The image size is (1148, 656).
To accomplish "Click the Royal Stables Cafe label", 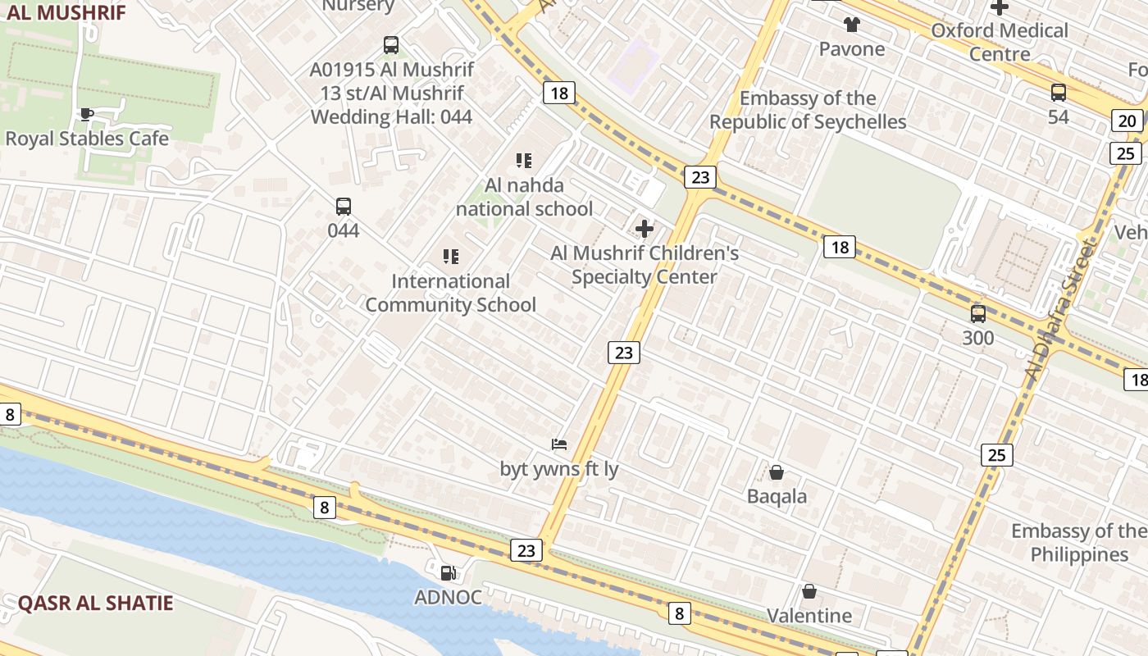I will [x=87, y=139].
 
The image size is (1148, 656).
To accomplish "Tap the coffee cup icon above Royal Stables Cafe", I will [x=86, y=114].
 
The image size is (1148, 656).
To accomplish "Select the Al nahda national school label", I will [x=524, y=197].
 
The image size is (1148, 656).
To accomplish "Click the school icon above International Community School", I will [x=450, y=257].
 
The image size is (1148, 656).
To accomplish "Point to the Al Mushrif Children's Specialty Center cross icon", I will [x=645, y=229].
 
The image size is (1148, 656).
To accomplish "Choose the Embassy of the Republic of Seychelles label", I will [x=808, y=110].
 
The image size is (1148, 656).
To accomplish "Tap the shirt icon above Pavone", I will [x=852, y=25].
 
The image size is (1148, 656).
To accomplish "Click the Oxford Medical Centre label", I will [x=1000, y=42].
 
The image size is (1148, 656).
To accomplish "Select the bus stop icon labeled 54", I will [x=1059, y=93].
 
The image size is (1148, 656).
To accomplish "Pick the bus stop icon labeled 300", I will [x=977, y=313].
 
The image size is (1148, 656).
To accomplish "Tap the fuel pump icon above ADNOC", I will [x=448, y=573].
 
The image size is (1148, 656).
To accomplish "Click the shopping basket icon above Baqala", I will [x=777, y=472].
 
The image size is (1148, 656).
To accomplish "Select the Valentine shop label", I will [x=809, y=615].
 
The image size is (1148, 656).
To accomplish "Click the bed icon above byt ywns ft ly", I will [x=559, y=444].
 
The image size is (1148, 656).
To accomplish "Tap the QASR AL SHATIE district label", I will [x=96, y=604].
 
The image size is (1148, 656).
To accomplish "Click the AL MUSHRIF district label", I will [x=66, y=12].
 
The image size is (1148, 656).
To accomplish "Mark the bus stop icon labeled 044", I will [x=344, y=207].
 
